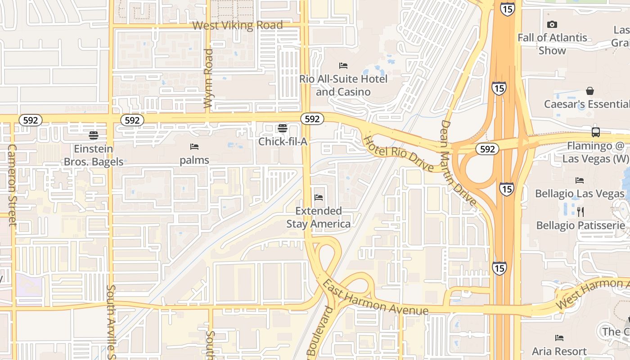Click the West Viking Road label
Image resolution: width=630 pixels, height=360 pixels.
(238, 25)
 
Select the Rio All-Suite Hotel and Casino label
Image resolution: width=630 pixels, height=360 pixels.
(343, 85)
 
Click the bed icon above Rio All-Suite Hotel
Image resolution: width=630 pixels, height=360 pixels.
(343, 66)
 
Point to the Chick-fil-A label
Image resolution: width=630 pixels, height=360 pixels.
(283, 142)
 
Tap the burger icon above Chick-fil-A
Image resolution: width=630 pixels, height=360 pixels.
(283, 128)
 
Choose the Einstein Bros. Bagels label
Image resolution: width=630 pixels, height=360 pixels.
(94, 155)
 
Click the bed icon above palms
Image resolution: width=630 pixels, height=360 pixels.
(194, 147)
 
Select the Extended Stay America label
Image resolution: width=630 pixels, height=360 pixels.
(319, 217)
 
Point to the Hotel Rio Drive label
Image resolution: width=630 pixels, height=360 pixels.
(398, 153)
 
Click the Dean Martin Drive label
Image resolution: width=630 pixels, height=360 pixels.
(458, 162)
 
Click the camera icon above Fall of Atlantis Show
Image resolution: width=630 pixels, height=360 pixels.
(552, 25)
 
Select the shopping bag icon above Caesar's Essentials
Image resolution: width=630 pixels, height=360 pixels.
(589, 91)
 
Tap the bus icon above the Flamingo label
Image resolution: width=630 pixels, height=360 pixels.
(596, 132)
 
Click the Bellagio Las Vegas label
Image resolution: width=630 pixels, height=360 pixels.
(580, 194)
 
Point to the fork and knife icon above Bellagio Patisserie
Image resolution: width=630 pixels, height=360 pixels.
(580, 211)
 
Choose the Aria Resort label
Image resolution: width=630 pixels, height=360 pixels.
(559, 351)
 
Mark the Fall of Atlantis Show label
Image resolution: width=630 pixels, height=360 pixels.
(552, 44)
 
